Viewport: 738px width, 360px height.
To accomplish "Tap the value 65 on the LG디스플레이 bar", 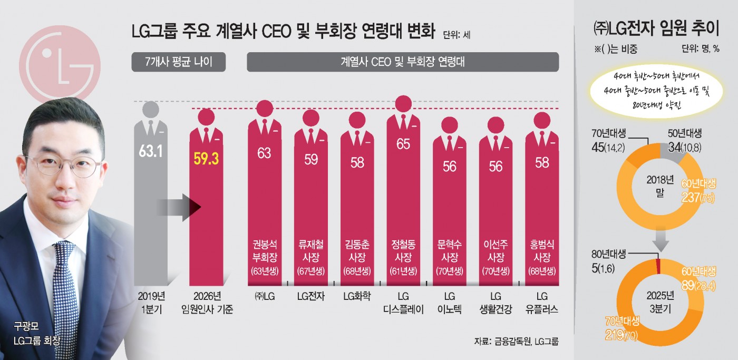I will tap(403, 144).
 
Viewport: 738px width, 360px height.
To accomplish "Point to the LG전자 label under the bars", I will tap(310, 296).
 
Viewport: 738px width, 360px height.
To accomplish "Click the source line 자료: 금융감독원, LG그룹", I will tap(516, 341).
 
